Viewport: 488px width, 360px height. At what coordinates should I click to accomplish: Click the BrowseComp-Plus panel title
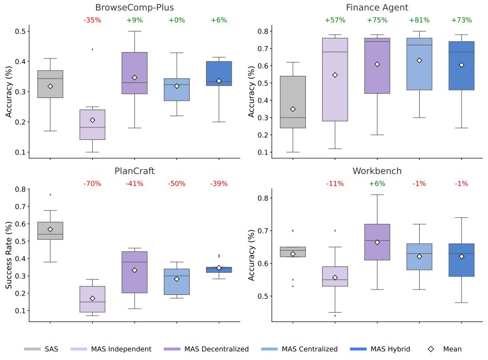pos(134,8)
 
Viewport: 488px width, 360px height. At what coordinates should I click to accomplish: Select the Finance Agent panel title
pos(377,8)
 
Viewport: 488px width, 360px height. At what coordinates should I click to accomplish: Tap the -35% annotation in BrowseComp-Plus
pos(92,20)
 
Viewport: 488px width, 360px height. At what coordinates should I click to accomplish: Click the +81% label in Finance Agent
pos(419,20)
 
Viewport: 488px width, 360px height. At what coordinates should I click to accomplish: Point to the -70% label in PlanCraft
pos(92,184)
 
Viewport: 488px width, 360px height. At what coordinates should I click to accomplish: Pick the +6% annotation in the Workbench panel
pos(377,184)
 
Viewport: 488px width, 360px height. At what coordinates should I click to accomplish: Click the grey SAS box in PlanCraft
pos(50,230)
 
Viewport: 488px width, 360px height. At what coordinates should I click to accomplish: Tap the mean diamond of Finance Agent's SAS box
pos(293,110)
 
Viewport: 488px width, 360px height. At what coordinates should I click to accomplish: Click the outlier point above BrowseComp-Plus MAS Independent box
pos(92,49)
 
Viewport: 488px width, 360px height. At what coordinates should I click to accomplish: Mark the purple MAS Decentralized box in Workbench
pos(377,242)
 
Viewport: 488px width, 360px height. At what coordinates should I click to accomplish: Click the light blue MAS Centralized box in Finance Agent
pos(419,63)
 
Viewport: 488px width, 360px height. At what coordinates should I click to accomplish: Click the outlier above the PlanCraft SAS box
pos(50,195)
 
